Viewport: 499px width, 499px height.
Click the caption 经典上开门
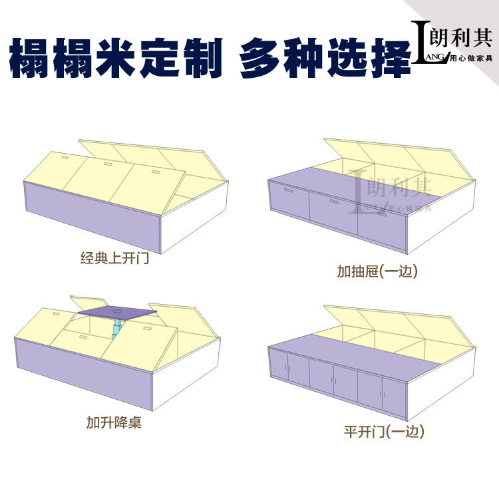(114, 258)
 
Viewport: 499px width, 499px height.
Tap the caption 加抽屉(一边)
(377, 271)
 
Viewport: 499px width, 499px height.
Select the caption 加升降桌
(114, 422)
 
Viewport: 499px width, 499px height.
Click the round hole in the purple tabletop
(117, 309)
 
